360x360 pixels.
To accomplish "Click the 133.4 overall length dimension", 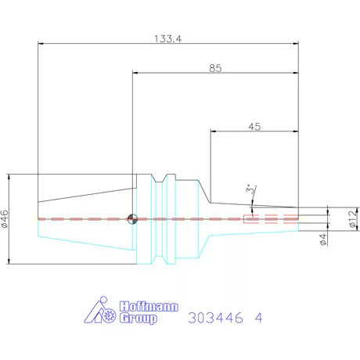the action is point(168,39).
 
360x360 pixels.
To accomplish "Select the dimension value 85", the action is point(215,68).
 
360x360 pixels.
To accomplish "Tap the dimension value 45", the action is point(254,127).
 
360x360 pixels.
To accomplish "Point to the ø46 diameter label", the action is point(5,219).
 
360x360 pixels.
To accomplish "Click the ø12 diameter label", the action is point(353,218).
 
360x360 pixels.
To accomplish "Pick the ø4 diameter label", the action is point(323,239).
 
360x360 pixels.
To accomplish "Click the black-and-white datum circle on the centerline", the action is point(132,218).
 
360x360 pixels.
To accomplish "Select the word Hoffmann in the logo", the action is point(149,306).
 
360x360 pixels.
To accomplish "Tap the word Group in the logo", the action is point(139,319).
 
